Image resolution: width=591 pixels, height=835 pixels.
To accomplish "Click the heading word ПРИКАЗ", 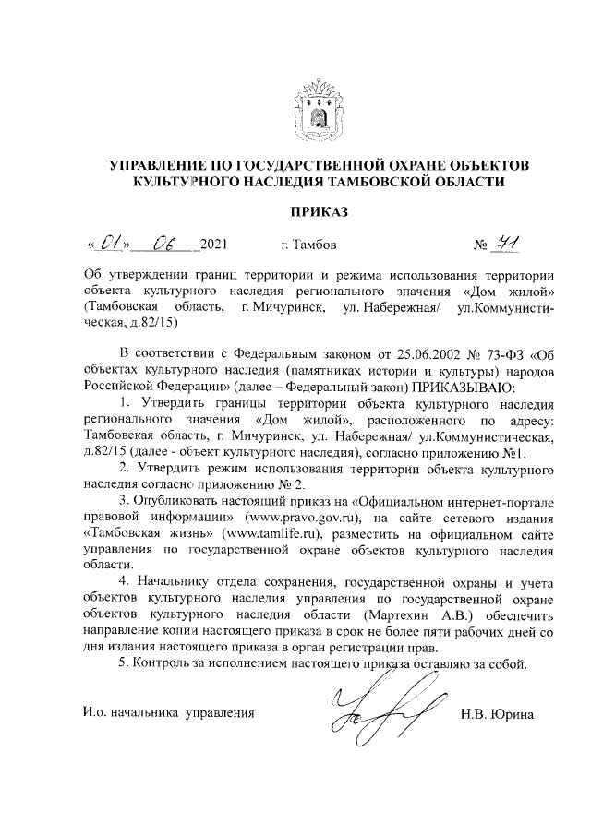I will tap(319, 212).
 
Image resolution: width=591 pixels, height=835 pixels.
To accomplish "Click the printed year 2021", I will tap(213, 245).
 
